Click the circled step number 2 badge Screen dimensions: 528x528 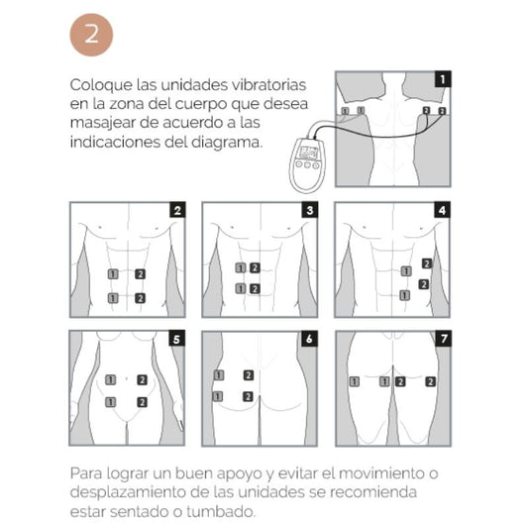click(91, 35)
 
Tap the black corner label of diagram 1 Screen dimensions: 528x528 click(443, 77)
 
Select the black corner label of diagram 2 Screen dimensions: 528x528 click(176, 210)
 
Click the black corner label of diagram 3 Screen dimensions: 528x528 click(310, 210)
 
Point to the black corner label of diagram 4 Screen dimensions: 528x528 click(443, 210)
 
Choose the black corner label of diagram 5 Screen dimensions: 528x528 click(176, 339)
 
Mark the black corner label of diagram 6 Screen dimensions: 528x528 click(310, 339)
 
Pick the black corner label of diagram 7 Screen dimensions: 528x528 click(443, 339)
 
